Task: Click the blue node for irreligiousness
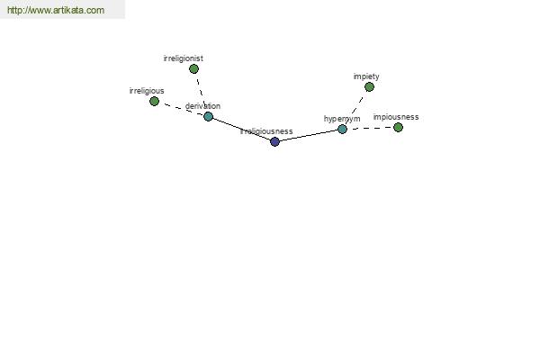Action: pyautogui.click(x=274, y=141)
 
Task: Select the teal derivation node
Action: pyautogui.click(x=209, y=116)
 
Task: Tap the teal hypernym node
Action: pyautogui.click(x=342, y=130)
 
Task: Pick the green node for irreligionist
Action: pyautogui.click(x=193, y=69)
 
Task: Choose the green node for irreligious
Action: pyautogui.click(x=154, y=102)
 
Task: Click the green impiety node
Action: pyautogui.click(x=369, y=86)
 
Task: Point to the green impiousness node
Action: pyautogui.click(x=398, y=128)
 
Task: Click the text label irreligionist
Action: pyautogui.click(x=184, y=58)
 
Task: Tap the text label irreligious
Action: pyautogui.click(x=147, y=91)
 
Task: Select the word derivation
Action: pyautogui.click(x=202, y=106)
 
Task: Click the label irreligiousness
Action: pyautogui.click(x=266, y=131)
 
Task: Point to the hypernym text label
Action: pyautogui.click(x=342, y=119)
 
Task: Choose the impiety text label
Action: pyautogui.click(x=366, y=76)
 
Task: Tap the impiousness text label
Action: pyautogui.click(x=396, y=117)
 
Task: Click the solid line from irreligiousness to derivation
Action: pyautogui.click(x=241, y=129)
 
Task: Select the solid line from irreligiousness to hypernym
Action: pyautogui.click(x=309, y=135)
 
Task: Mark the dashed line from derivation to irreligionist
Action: pyautogui.click(x=201, y=92)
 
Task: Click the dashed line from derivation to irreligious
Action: pyautogui.click(x=181, y=109)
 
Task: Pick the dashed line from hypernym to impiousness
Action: pyautogui.click(x=370, y=128)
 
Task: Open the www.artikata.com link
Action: pyautogui.click(x=56, y=10)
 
